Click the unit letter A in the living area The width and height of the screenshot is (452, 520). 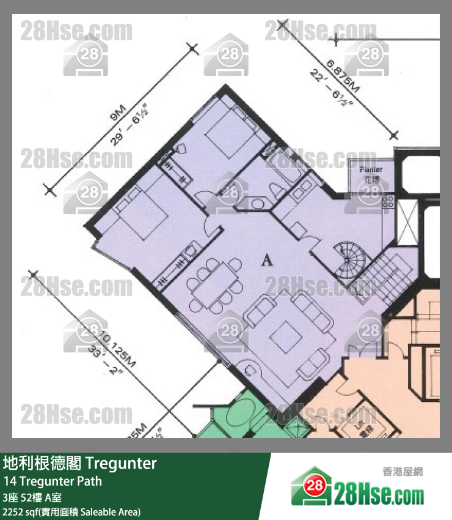(x=266, y=261)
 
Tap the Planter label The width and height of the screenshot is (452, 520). (x=371, y=169)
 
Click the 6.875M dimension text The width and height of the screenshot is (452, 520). (x=342, y=76)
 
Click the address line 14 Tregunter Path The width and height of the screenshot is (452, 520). (x=53, y=481)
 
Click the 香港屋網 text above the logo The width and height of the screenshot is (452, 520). (x=401, y=471)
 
